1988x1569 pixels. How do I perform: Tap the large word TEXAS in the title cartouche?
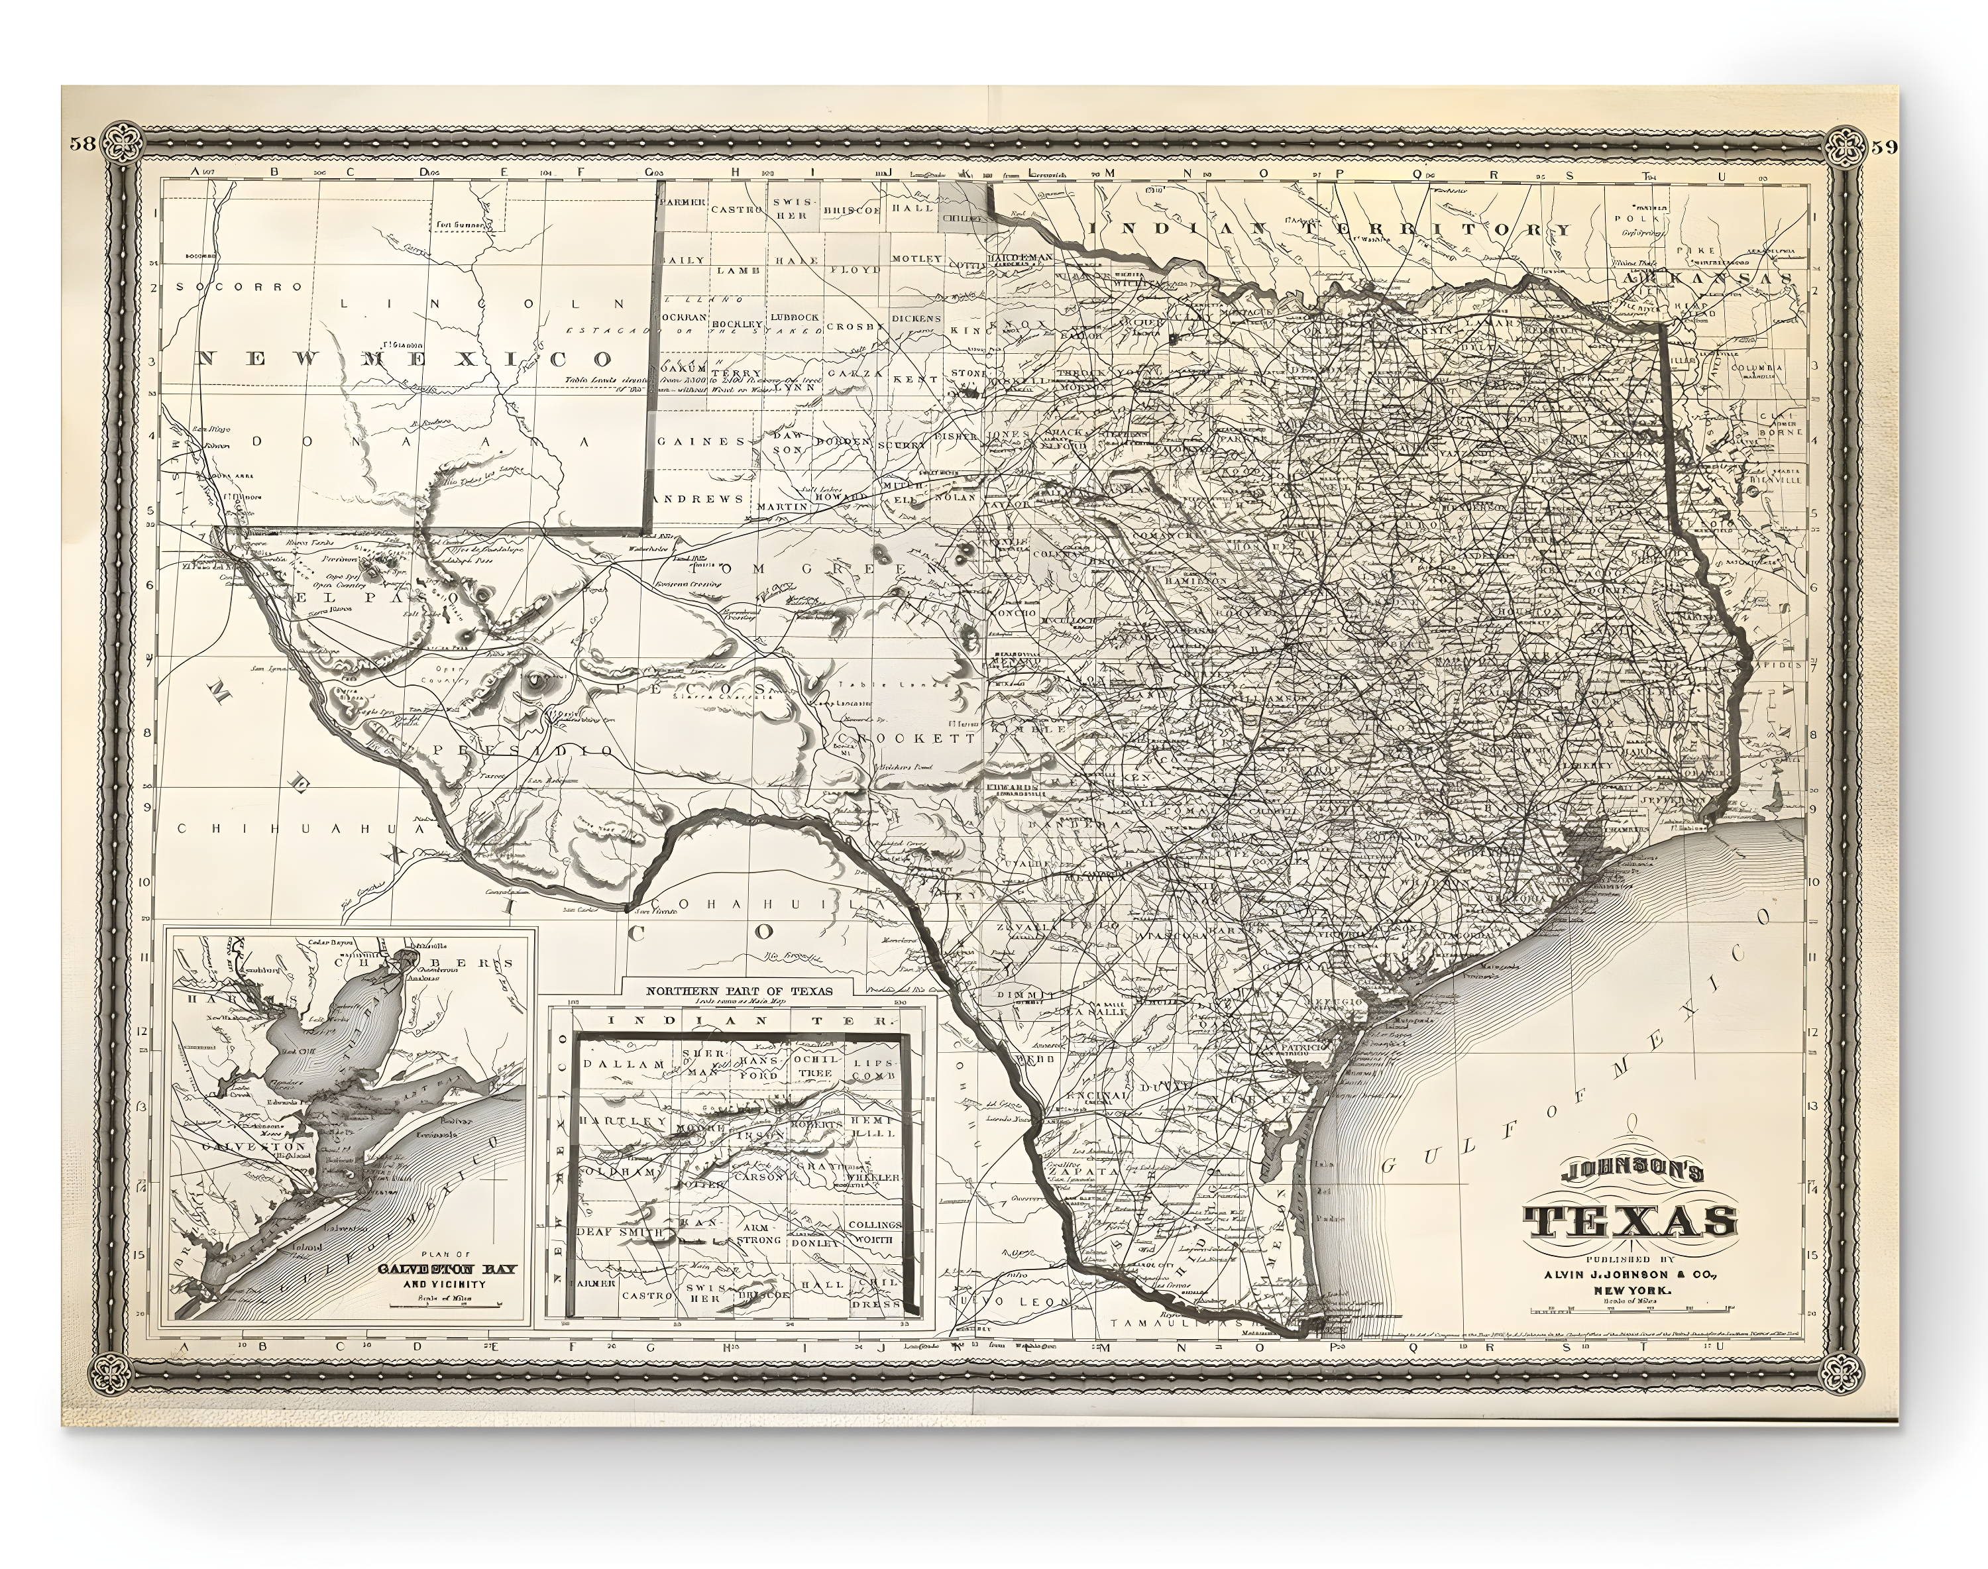1631,1221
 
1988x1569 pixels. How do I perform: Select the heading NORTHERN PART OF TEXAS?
740,991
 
